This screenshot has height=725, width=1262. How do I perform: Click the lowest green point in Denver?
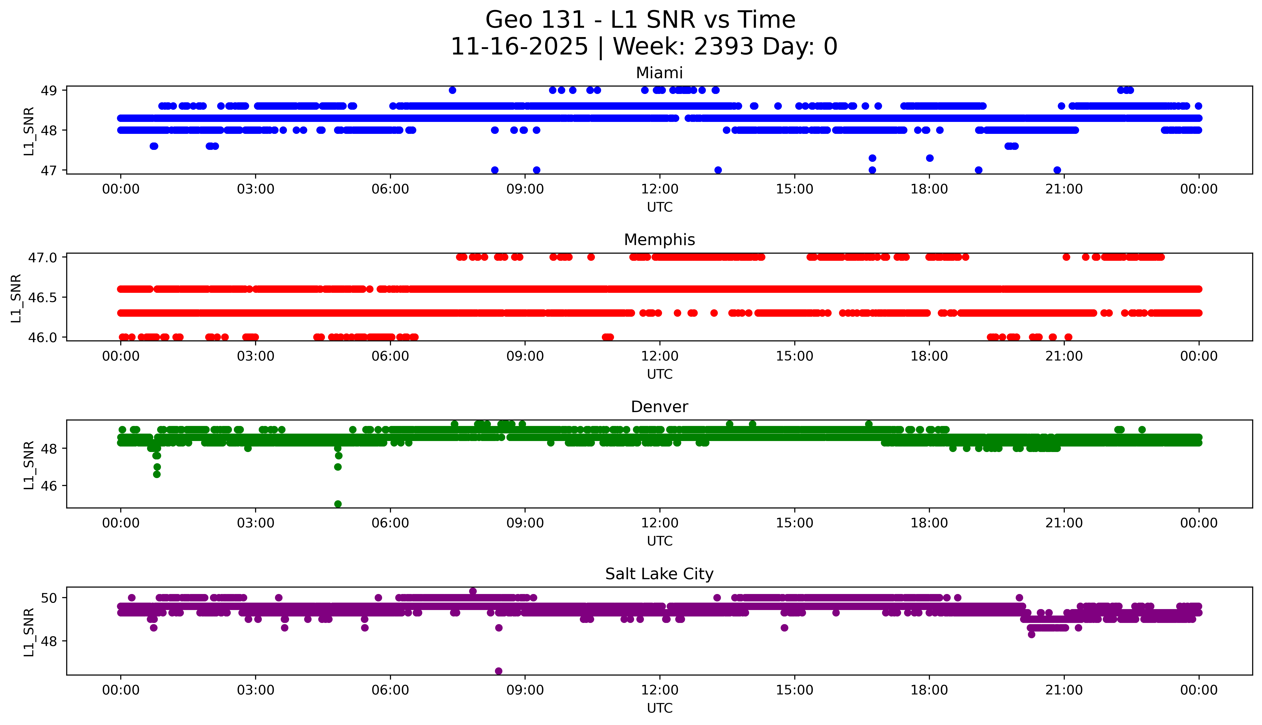click(x=338, y=504)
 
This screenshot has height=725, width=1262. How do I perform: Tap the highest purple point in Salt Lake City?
click(x=473, y=591)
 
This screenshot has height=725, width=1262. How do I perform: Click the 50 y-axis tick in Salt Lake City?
click(x=49, y=598)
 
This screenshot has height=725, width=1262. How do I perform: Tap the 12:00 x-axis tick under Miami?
click(x=659, y=189)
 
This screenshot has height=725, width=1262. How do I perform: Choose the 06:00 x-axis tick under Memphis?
click(x=390, y=356)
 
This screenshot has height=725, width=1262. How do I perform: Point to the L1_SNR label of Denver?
click(x=29, y=465)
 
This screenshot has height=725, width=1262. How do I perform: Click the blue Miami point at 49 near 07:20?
click(x=452, y=90)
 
